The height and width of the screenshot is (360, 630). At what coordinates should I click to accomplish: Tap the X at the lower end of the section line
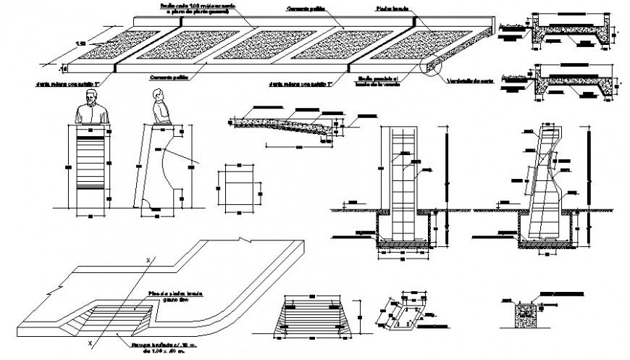tap(90, 340)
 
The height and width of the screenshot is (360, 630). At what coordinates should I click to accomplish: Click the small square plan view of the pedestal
tap(237, 186)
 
